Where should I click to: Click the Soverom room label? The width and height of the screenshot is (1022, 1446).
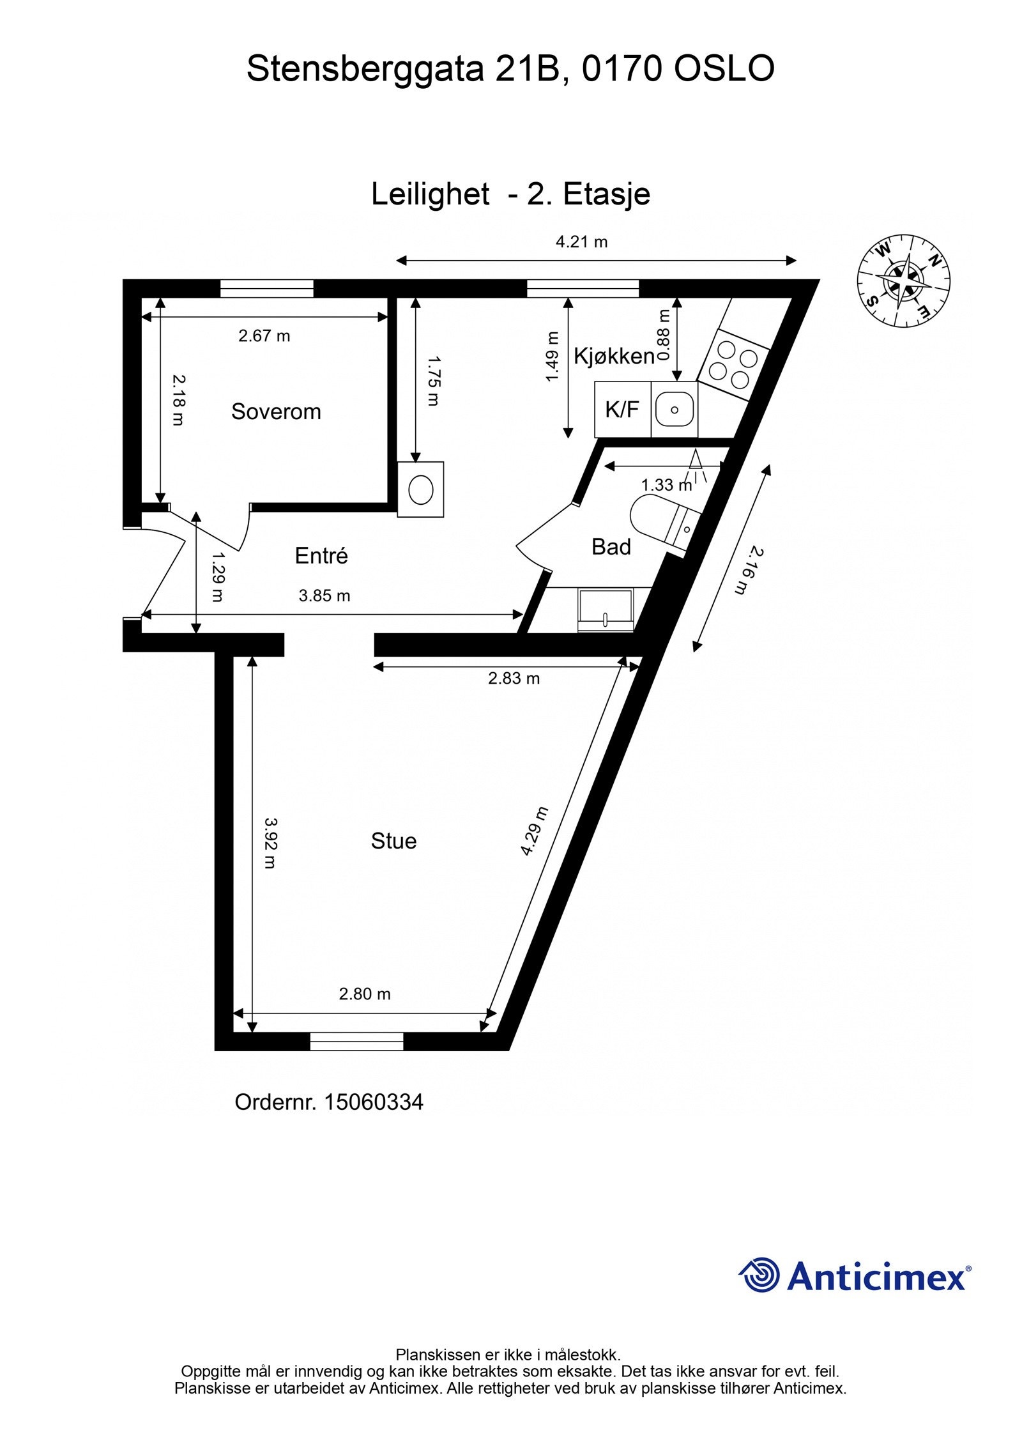coord(275,411)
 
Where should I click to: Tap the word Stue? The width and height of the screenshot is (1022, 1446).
coord(393,841)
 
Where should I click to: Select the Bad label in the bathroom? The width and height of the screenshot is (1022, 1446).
coord(611,547)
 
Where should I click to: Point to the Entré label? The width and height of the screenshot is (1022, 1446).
coord(321,556)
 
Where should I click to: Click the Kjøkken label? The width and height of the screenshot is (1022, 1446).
coord(614,357)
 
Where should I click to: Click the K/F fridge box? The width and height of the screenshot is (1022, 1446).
coord(622,410)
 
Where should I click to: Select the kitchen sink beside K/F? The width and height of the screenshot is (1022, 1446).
coord(675,410)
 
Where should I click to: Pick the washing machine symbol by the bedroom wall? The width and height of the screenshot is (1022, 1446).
coord(421,490)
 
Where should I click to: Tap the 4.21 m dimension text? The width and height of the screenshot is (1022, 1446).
coord(581,242)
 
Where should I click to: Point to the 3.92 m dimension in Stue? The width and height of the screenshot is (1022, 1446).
coord(271,843)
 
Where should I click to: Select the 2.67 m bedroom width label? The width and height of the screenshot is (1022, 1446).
coord(264,336)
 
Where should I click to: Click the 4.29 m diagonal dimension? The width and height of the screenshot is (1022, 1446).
coord(534,831)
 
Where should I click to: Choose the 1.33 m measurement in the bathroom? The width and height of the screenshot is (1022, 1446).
coord(666,485)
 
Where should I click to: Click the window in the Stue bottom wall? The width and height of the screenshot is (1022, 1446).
coord(356,1042)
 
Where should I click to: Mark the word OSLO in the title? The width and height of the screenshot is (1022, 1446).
coord(724,69)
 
